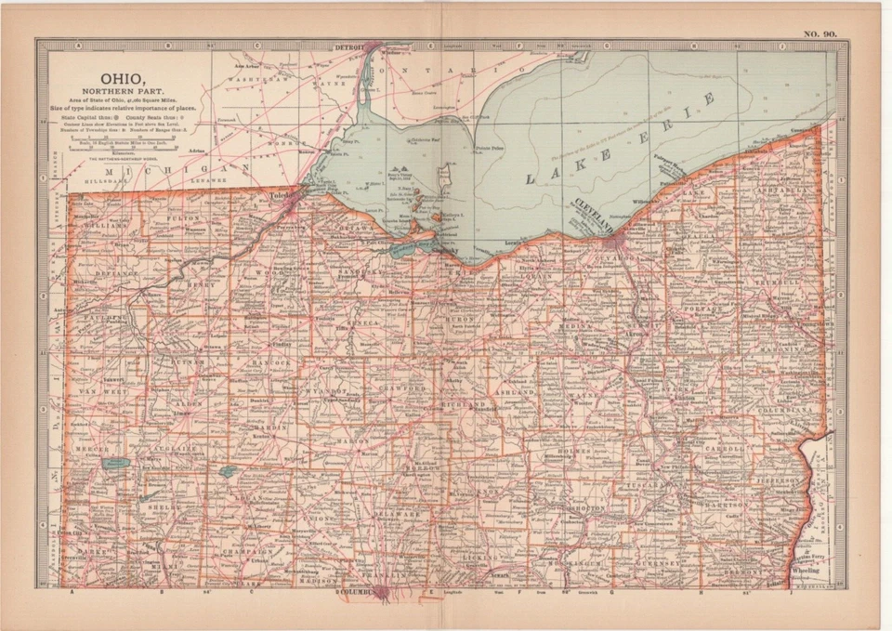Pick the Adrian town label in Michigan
tap(195, 150)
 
